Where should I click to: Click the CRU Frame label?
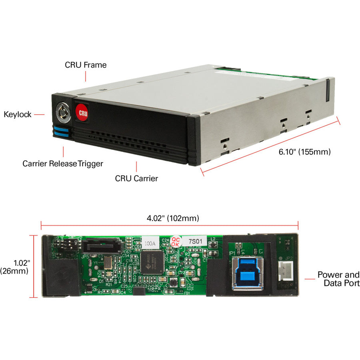86,64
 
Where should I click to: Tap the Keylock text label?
18,114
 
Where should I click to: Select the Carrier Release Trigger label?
63,164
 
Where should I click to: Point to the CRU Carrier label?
136,178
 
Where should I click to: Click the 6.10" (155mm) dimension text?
304,152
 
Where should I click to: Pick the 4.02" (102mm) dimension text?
172,218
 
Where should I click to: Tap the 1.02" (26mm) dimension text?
14,267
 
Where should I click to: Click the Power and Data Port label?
338,279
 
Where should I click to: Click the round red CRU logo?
82,111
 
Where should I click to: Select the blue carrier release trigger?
62,132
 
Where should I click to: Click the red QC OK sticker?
175,241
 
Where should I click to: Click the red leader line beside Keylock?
39,114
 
